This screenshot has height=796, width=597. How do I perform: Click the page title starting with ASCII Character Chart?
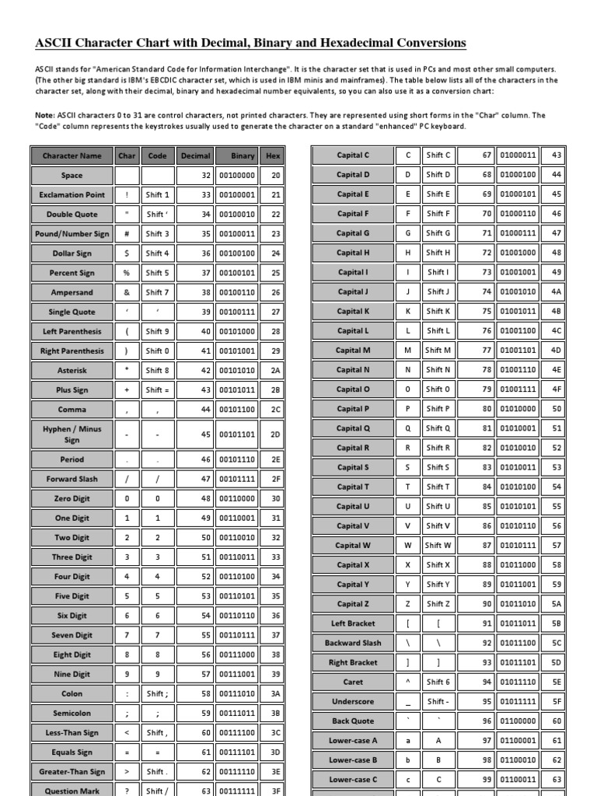point(250,43)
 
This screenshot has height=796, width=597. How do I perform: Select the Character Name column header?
point(72,155)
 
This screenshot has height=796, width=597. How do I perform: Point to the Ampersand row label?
point(72,292)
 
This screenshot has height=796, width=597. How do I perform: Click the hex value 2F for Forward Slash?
point(275,479)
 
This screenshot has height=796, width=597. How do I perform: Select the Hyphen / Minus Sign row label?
point(72,434)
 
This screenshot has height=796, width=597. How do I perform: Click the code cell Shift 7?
point(157,292)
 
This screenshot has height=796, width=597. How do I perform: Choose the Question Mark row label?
point(72,791)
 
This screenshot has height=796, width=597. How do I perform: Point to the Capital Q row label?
point(353,428)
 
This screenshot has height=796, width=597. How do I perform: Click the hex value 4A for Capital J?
point(556,292)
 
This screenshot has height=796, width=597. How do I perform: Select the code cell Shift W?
point(438,545)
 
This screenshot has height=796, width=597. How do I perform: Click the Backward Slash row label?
point(353,643)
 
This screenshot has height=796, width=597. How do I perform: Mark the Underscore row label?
point(353,701)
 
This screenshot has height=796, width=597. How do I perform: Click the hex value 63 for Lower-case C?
point(556,779)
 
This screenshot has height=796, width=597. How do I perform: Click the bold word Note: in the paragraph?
point(44,115)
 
